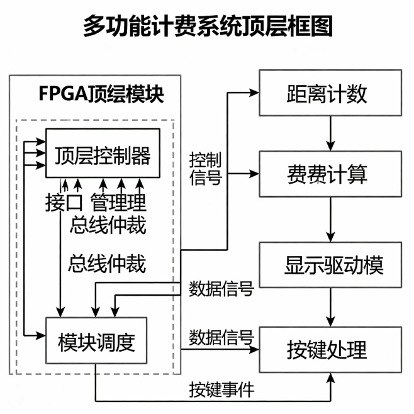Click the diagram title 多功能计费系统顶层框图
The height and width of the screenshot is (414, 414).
[x=207, y=26]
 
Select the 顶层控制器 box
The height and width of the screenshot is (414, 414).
[x=103, y=154]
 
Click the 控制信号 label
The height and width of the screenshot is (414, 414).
[x=205, y=168]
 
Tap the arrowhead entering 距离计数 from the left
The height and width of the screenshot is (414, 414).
[x=254, y=92]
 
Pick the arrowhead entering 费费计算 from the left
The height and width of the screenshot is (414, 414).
[x=254, y=173]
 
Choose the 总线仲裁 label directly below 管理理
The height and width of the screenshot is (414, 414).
[x=108, y=225]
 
